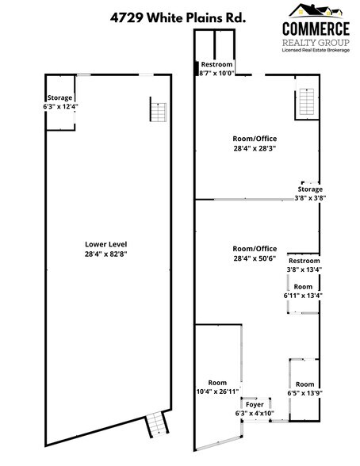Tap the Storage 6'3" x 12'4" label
pos(60,102)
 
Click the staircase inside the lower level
pos(158,109)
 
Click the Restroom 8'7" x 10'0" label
pos(216,68)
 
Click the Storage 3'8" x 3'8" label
pos(310,194)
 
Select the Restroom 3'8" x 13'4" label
pos(304,265)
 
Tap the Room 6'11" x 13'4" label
pos(304,291)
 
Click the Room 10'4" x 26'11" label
pos(216,387)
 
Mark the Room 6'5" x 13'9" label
pos(305,388)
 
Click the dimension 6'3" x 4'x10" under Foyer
pos(254,413)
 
